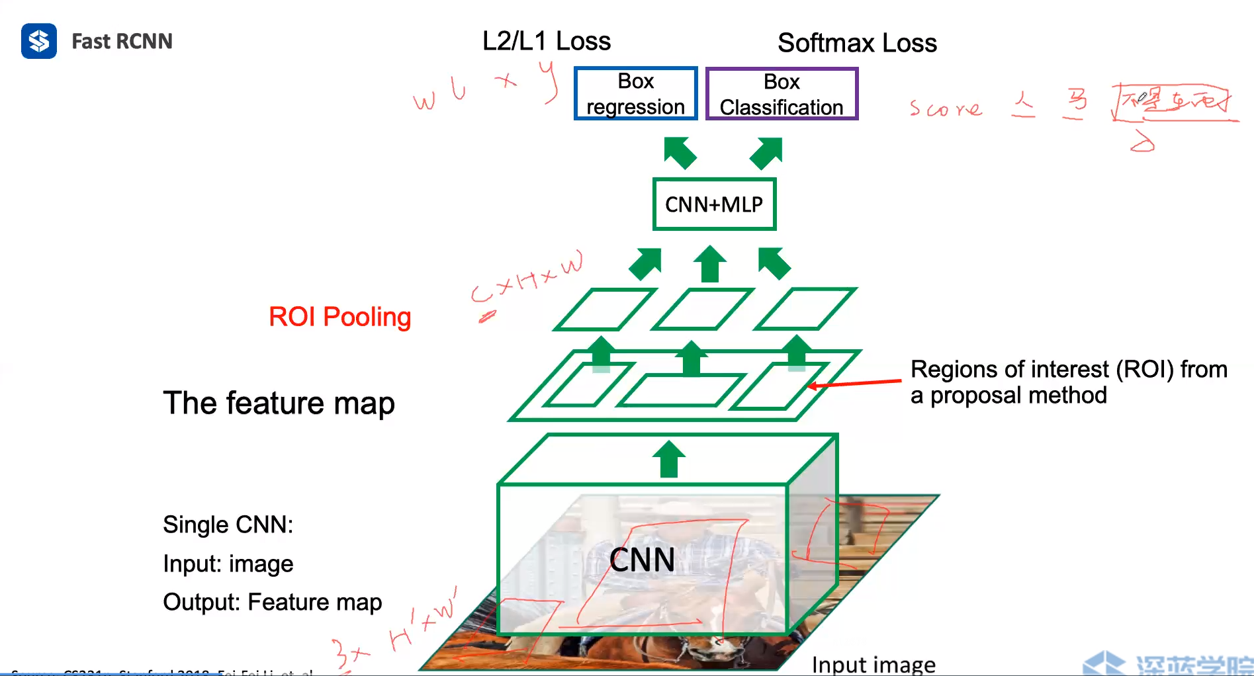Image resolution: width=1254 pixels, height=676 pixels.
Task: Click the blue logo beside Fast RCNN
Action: [38, 41]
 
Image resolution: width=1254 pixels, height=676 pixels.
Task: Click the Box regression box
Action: [635, 93]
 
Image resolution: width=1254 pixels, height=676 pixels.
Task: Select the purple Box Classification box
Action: [782, 94]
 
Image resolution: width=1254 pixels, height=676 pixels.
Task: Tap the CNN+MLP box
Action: [713, 204]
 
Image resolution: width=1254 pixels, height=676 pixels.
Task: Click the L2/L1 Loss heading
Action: [546, 41]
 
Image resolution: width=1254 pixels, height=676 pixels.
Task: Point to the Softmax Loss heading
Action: [857, 43]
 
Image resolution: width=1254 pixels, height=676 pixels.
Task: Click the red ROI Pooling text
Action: [339, 317]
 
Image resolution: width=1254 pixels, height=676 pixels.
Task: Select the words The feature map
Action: [279, 403]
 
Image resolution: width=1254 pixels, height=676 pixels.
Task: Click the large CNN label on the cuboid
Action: [642, 560]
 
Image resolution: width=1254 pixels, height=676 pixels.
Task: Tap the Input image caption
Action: [873, 664]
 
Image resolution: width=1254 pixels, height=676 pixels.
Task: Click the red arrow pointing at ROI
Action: [854, 383]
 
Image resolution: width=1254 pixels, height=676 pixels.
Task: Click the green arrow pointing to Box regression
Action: [680, 152]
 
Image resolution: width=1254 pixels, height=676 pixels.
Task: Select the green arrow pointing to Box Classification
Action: [767, 152]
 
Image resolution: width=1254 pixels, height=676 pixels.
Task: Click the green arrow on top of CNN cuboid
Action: [668, 459]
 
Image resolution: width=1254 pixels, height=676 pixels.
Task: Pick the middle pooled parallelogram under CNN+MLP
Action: [702, 309]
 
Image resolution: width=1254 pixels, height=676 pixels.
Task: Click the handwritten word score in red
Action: [946, 108]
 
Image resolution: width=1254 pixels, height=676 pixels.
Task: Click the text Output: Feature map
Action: [272, 603]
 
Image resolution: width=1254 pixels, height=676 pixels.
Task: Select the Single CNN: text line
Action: [228, 525]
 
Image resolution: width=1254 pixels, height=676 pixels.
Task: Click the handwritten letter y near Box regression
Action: [549, 81]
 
